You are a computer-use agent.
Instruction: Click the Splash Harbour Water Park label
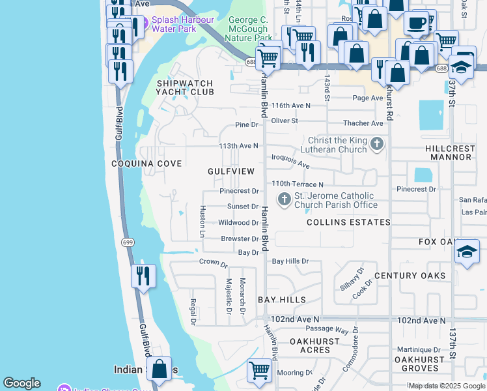[x=182, y=25]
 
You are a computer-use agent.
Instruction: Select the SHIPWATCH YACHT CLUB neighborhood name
[x=186, y=87]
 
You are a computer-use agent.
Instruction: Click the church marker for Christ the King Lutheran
[x=376, y=144]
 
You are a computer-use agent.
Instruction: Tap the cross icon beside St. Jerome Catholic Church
[x=284, y=199]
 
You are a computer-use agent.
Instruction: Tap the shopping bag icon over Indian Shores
[x=159, y=369]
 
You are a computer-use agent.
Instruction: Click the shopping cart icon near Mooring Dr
[x=259, y=370]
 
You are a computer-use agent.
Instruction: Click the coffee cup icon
[x=416, y=23]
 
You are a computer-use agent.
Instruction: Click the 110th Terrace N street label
[x=298, y=184]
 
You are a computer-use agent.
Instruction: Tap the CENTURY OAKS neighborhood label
[x=410, y=276]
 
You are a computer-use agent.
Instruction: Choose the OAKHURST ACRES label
[x=314, y=345]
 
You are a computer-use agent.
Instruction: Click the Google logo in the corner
[x=21, y=383]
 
